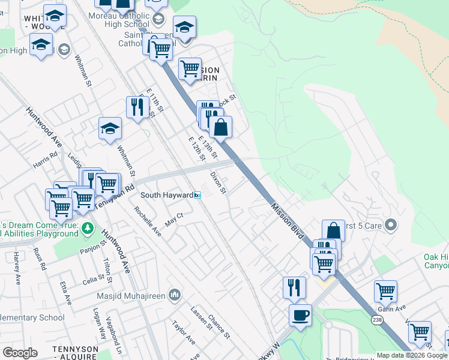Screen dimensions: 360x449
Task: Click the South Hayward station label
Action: pos(167,196)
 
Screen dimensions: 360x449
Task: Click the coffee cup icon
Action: pos(300,314)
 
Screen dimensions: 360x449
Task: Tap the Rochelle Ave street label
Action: pos(148,221)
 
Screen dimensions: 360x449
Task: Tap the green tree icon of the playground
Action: pos(88,228)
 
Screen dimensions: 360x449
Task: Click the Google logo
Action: pos(20,353)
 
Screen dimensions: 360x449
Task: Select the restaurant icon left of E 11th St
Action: pos(137,107)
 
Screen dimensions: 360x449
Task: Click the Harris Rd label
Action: pos(45,162)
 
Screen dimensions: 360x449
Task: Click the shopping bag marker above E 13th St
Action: pos(220,127)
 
